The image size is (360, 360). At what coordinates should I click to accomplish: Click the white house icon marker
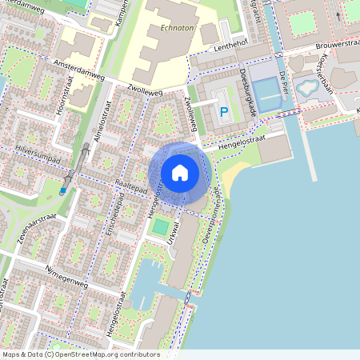(180, 173)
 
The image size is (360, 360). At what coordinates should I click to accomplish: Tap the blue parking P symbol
(224, 113)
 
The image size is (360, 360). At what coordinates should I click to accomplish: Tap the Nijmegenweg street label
(66, 274)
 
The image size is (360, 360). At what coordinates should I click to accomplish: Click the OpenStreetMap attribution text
(81, 354)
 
